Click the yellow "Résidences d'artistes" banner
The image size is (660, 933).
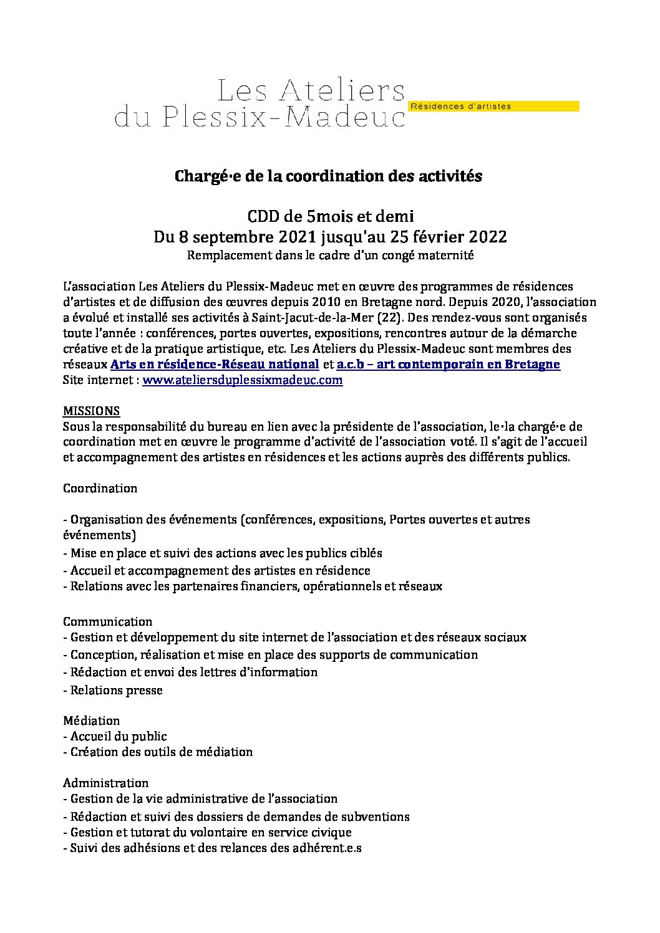pyautogui.click(x=493, y=107)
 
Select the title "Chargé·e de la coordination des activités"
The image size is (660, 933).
pyautogui.click(x=328, y=177)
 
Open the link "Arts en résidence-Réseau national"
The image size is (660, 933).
pyautogui.click(x=215, y=365)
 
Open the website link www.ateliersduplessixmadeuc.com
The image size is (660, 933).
pyautogui.click(x=243, y=380)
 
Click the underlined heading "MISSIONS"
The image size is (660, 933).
pyautogui.click(x=92, y=411)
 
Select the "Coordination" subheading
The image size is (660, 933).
pyautogui.click(x=100, y=488)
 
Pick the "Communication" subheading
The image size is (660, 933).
pyautogui.click(x=107, y=621)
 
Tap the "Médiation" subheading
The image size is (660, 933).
pyautogui.click(x=91, y=720)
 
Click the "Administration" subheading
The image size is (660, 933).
pyautogui.click(x=105, y=783)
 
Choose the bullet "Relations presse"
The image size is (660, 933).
pyautogui.click(x=116, y=690)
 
